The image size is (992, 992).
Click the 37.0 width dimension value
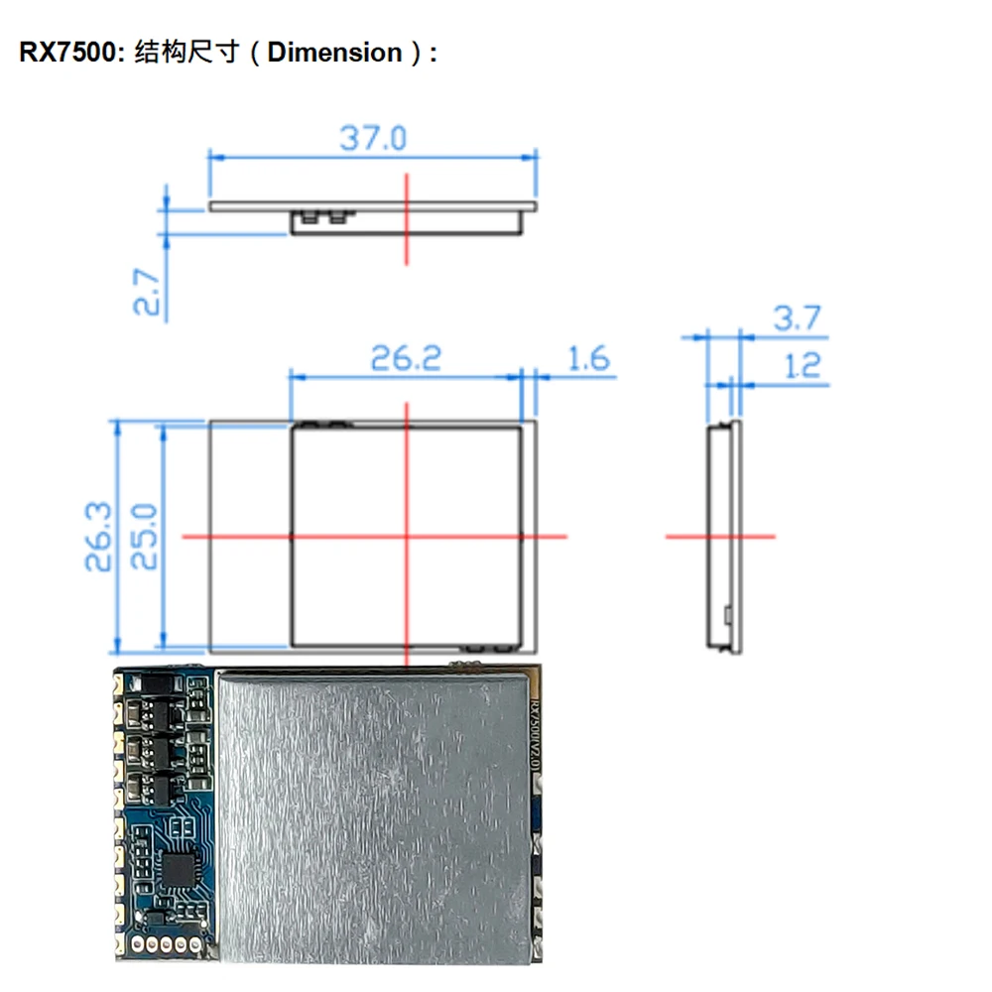pos(373,137)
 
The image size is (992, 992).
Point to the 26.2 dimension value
pos(405,358)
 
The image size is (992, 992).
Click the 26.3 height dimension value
pos(98,536)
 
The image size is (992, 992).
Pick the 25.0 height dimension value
pos(145,536)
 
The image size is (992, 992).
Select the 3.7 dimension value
pos(798,318)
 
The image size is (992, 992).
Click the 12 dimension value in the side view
pos(802,366)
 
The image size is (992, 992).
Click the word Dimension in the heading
pos(334,53)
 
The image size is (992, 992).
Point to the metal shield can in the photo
pos(372,813)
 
